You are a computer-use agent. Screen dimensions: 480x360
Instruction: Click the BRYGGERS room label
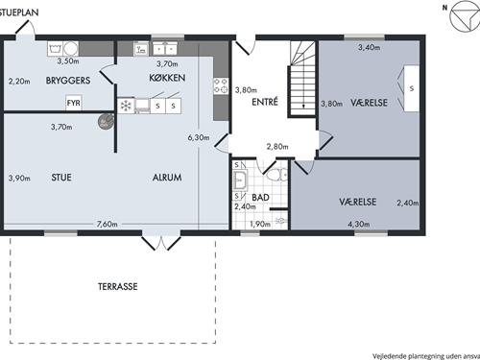[x=68, y=81]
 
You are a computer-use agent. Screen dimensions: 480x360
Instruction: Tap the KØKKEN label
[x=167, y=78]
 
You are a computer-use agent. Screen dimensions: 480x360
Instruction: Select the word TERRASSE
[x=118, y=286]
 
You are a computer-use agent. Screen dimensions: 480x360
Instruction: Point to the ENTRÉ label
[x=265, y=102]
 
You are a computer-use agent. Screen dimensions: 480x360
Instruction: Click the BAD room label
[x=260, y=198]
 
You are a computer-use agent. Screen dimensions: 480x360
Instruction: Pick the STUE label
[x=61, y=178]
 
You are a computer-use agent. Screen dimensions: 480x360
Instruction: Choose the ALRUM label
[x=167, y=178]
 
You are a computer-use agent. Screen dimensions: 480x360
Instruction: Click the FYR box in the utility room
[x=74, y=103]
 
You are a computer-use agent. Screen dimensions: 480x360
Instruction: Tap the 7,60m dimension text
[x=108, y=224]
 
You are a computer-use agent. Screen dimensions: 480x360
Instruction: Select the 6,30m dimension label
[x=199, y=137]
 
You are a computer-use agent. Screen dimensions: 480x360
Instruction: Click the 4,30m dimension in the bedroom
[x=359, y=224]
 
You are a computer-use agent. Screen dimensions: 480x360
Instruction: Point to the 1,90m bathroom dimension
[x=260, y=224]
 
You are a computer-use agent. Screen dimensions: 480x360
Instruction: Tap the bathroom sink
[x=240, y=180]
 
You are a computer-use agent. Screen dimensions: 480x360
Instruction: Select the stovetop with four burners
[x=221, y=85]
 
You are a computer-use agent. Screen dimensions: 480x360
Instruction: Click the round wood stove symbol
[x=106, y=122]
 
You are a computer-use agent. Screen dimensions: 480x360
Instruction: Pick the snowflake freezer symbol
[x=126, y=106]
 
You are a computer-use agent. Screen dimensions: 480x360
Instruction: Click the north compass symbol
[x=465, y=15]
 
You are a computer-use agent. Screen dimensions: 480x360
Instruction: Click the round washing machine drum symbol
[x=71, y=49]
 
